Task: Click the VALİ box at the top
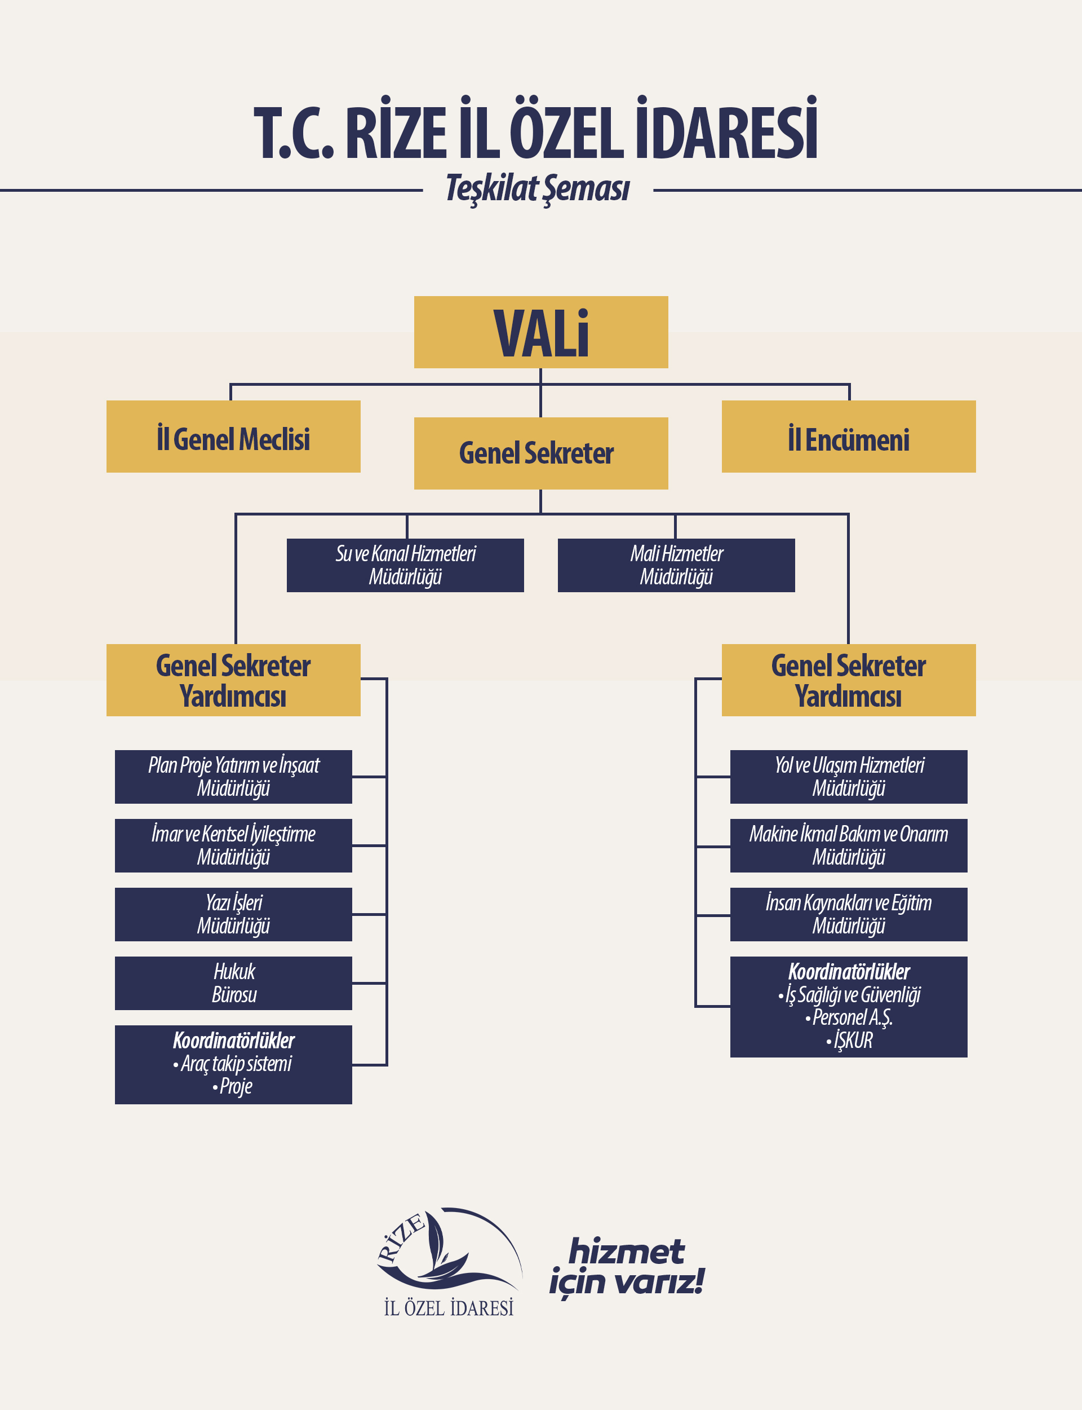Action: click(541, 332)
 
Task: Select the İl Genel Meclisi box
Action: click(233, 437)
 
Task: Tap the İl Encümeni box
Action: click(849, 437)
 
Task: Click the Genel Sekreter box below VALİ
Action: click(541, 453)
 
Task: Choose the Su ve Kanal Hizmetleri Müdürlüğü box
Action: click(405, 565)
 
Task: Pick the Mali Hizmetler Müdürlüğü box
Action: click(676, 565)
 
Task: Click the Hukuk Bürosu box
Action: click(233, 982)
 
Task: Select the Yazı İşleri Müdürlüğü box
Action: click(233, 914)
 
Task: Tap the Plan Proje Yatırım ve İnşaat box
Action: click(233, 777)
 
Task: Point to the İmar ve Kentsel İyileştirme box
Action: click(233, 845)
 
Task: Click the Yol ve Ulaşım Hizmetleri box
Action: click(849, 777)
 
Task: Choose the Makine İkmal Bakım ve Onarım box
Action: click(849, 845)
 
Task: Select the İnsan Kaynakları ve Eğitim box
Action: click(849, 914)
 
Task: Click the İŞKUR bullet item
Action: click(849, 1040)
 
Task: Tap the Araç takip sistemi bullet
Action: click(233, 1063)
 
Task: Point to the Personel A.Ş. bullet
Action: click(849, 1017)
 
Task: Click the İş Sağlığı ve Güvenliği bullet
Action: click(849, 995)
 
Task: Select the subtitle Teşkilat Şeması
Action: click(538, 189)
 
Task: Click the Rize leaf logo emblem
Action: click(449, 1247)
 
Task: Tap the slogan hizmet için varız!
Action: click(627, 1266)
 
